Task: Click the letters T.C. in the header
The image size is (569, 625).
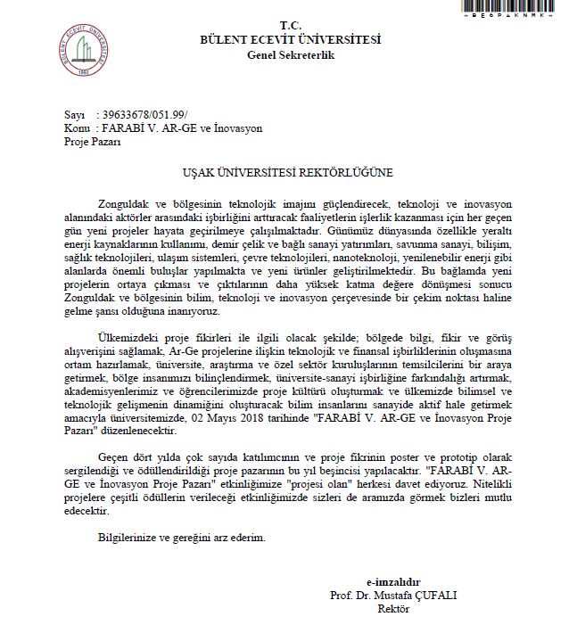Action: point(291,25)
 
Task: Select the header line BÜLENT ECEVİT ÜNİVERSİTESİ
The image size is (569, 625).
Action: point(290,39)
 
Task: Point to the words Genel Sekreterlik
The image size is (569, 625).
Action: point(291,54)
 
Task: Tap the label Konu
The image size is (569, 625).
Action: point(77,128)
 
